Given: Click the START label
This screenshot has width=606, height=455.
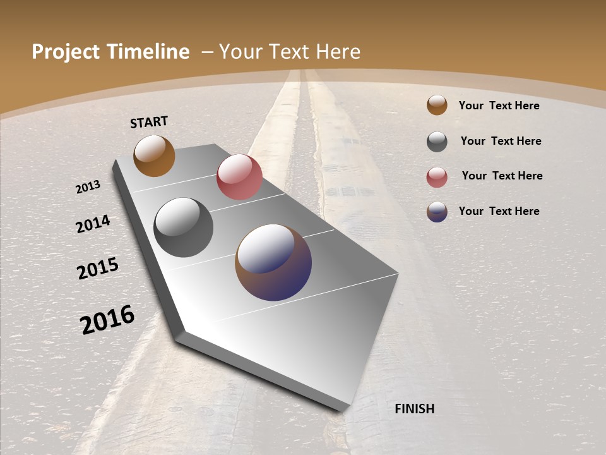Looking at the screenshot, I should pyautogui.click(x=149, y=122).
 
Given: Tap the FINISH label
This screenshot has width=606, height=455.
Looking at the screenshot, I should pyautogui.click(x=414, y=409).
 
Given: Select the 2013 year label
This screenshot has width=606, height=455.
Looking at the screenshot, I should pyautogui.click(x=88, y=187).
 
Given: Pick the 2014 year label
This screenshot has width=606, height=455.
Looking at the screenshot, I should pyautogui.click(x=93, y=224).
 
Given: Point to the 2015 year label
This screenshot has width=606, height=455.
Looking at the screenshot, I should pyautogui.click(x=98, y=269).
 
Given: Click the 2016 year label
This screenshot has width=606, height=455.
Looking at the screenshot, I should pyautogui.click(x=107, y=320).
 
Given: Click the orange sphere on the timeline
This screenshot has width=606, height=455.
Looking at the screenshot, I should pyautogui.click(x=154, y=155).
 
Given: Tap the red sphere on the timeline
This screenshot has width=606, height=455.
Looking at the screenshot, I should pyautogui.click(x=239, y=177).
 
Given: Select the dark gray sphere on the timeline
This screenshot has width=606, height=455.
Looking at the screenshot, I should pyautogui.click(x=183, y=227).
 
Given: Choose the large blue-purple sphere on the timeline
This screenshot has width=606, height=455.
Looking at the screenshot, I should pyautogui.click(x=273, y=262).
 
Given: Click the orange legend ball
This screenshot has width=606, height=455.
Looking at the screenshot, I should pyautogui.click(x=437, y=106).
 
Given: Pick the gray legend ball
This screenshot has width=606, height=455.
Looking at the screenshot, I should pyautogui.click(x=437, y=142).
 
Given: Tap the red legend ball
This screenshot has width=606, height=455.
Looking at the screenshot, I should pyautogui.click(x=437, y=177).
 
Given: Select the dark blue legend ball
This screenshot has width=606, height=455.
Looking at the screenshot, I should pyautogui.click(x=437, y=212).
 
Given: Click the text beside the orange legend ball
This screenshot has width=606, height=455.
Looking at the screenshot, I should pyautogui.click(x=499, y=106).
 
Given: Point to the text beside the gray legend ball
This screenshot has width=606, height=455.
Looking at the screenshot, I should pyautogui.click(x=501, y=141).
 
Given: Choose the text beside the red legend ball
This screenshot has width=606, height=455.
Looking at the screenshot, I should pyautogui.click(x=502, y=176).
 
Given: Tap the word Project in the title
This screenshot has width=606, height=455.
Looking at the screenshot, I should pyautogui.click(x=65, y=52).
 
